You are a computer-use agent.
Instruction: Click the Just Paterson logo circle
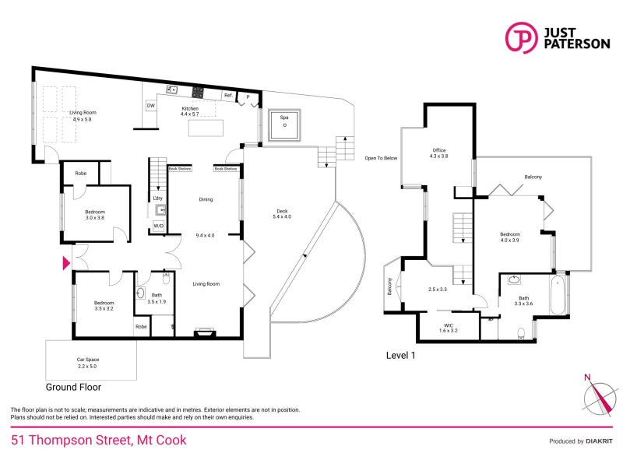[x=521, y=37]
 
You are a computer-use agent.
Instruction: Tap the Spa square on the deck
[x=284, y=125]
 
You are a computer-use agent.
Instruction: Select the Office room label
[x=439, y=153]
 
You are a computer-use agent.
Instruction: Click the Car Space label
[x=87, y=362]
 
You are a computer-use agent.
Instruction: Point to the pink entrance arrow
[x=66, y=264]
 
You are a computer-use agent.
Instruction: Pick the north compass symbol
[x=597, y=398]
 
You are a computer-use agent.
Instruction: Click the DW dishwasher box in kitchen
[x=150, y=105]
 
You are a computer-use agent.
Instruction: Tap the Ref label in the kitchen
[x=228, y=96]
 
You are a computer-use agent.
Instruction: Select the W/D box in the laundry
[x=158, y=226]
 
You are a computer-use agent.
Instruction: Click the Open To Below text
[x=381, y=158]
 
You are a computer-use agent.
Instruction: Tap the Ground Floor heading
[x=73, y=387]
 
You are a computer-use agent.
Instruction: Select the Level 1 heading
[x=402, y=356]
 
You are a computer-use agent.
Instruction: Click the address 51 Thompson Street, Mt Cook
[x=99, y=441]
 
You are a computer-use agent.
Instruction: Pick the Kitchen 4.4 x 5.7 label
[x=191, y=111]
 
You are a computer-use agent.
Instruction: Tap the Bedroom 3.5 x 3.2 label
[x=104, y=306]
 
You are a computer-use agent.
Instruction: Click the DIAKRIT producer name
[x=599, y=441]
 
